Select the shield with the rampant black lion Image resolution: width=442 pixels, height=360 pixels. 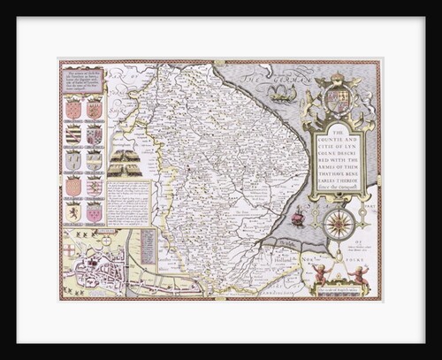72,211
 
